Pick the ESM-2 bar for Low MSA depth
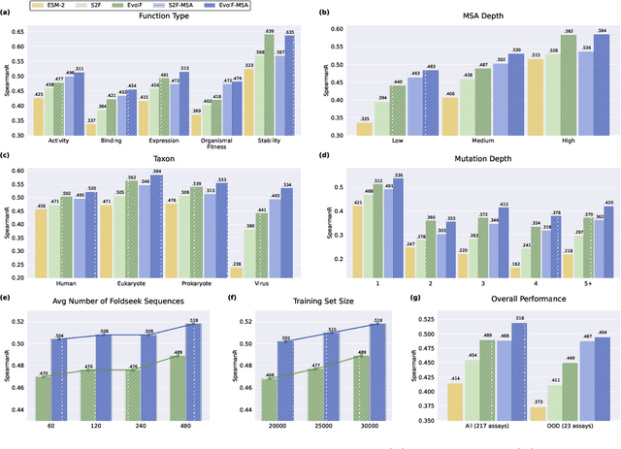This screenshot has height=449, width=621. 365,129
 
